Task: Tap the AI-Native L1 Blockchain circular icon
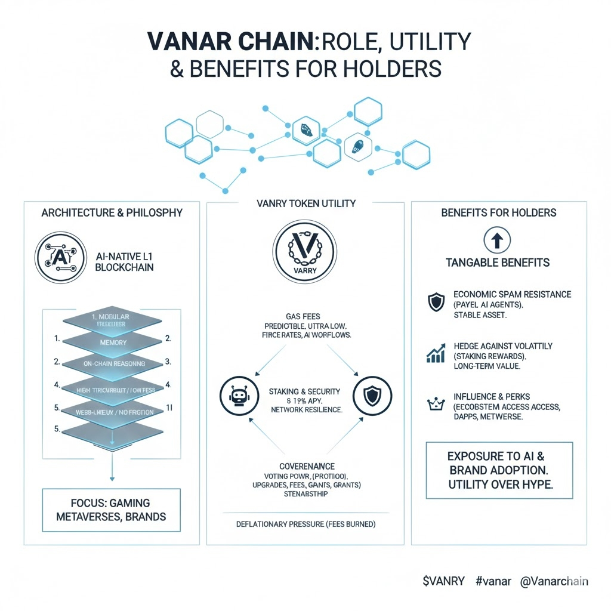tap(58, 258)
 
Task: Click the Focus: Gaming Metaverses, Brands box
tap(112, 510)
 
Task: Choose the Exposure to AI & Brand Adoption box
tap(499, 470)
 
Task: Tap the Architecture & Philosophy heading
tap(112, 212)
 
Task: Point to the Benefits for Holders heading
tap(499, 212)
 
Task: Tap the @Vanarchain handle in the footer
tap(555, 581)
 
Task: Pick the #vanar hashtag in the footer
tap(493, 581)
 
